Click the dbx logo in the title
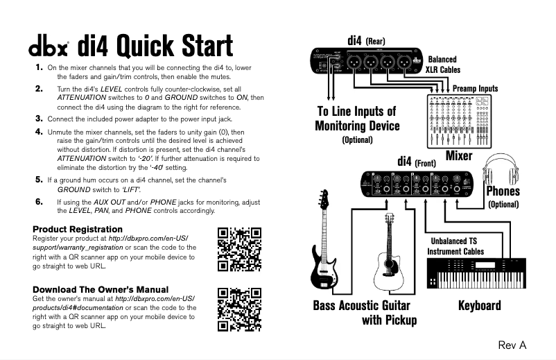tap(49, 49)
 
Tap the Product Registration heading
tap(78, 229)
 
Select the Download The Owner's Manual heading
tap(101, 289)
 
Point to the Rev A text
tap(512, 345)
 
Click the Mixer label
tap(458, 155)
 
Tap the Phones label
tap(503, 191)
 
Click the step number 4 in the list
tap(39, 131)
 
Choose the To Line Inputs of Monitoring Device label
tap(356, 119)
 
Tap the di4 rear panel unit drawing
tap(367, 61)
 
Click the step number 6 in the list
tap(39, 201)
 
